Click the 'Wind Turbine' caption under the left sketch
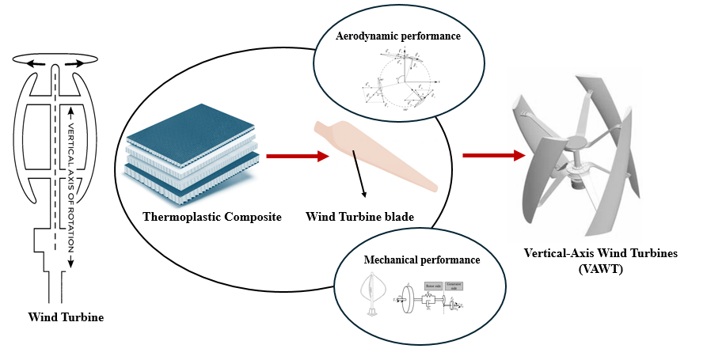coord(66,318)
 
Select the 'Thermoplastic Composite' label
coord(211,216)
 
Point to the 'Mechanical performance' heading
coord(421,259)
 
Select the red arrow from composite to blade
coord(297,156)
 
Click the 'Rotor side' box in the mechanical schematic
coord(433,286)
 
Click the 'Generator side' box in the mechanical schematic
coord(454,286)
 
